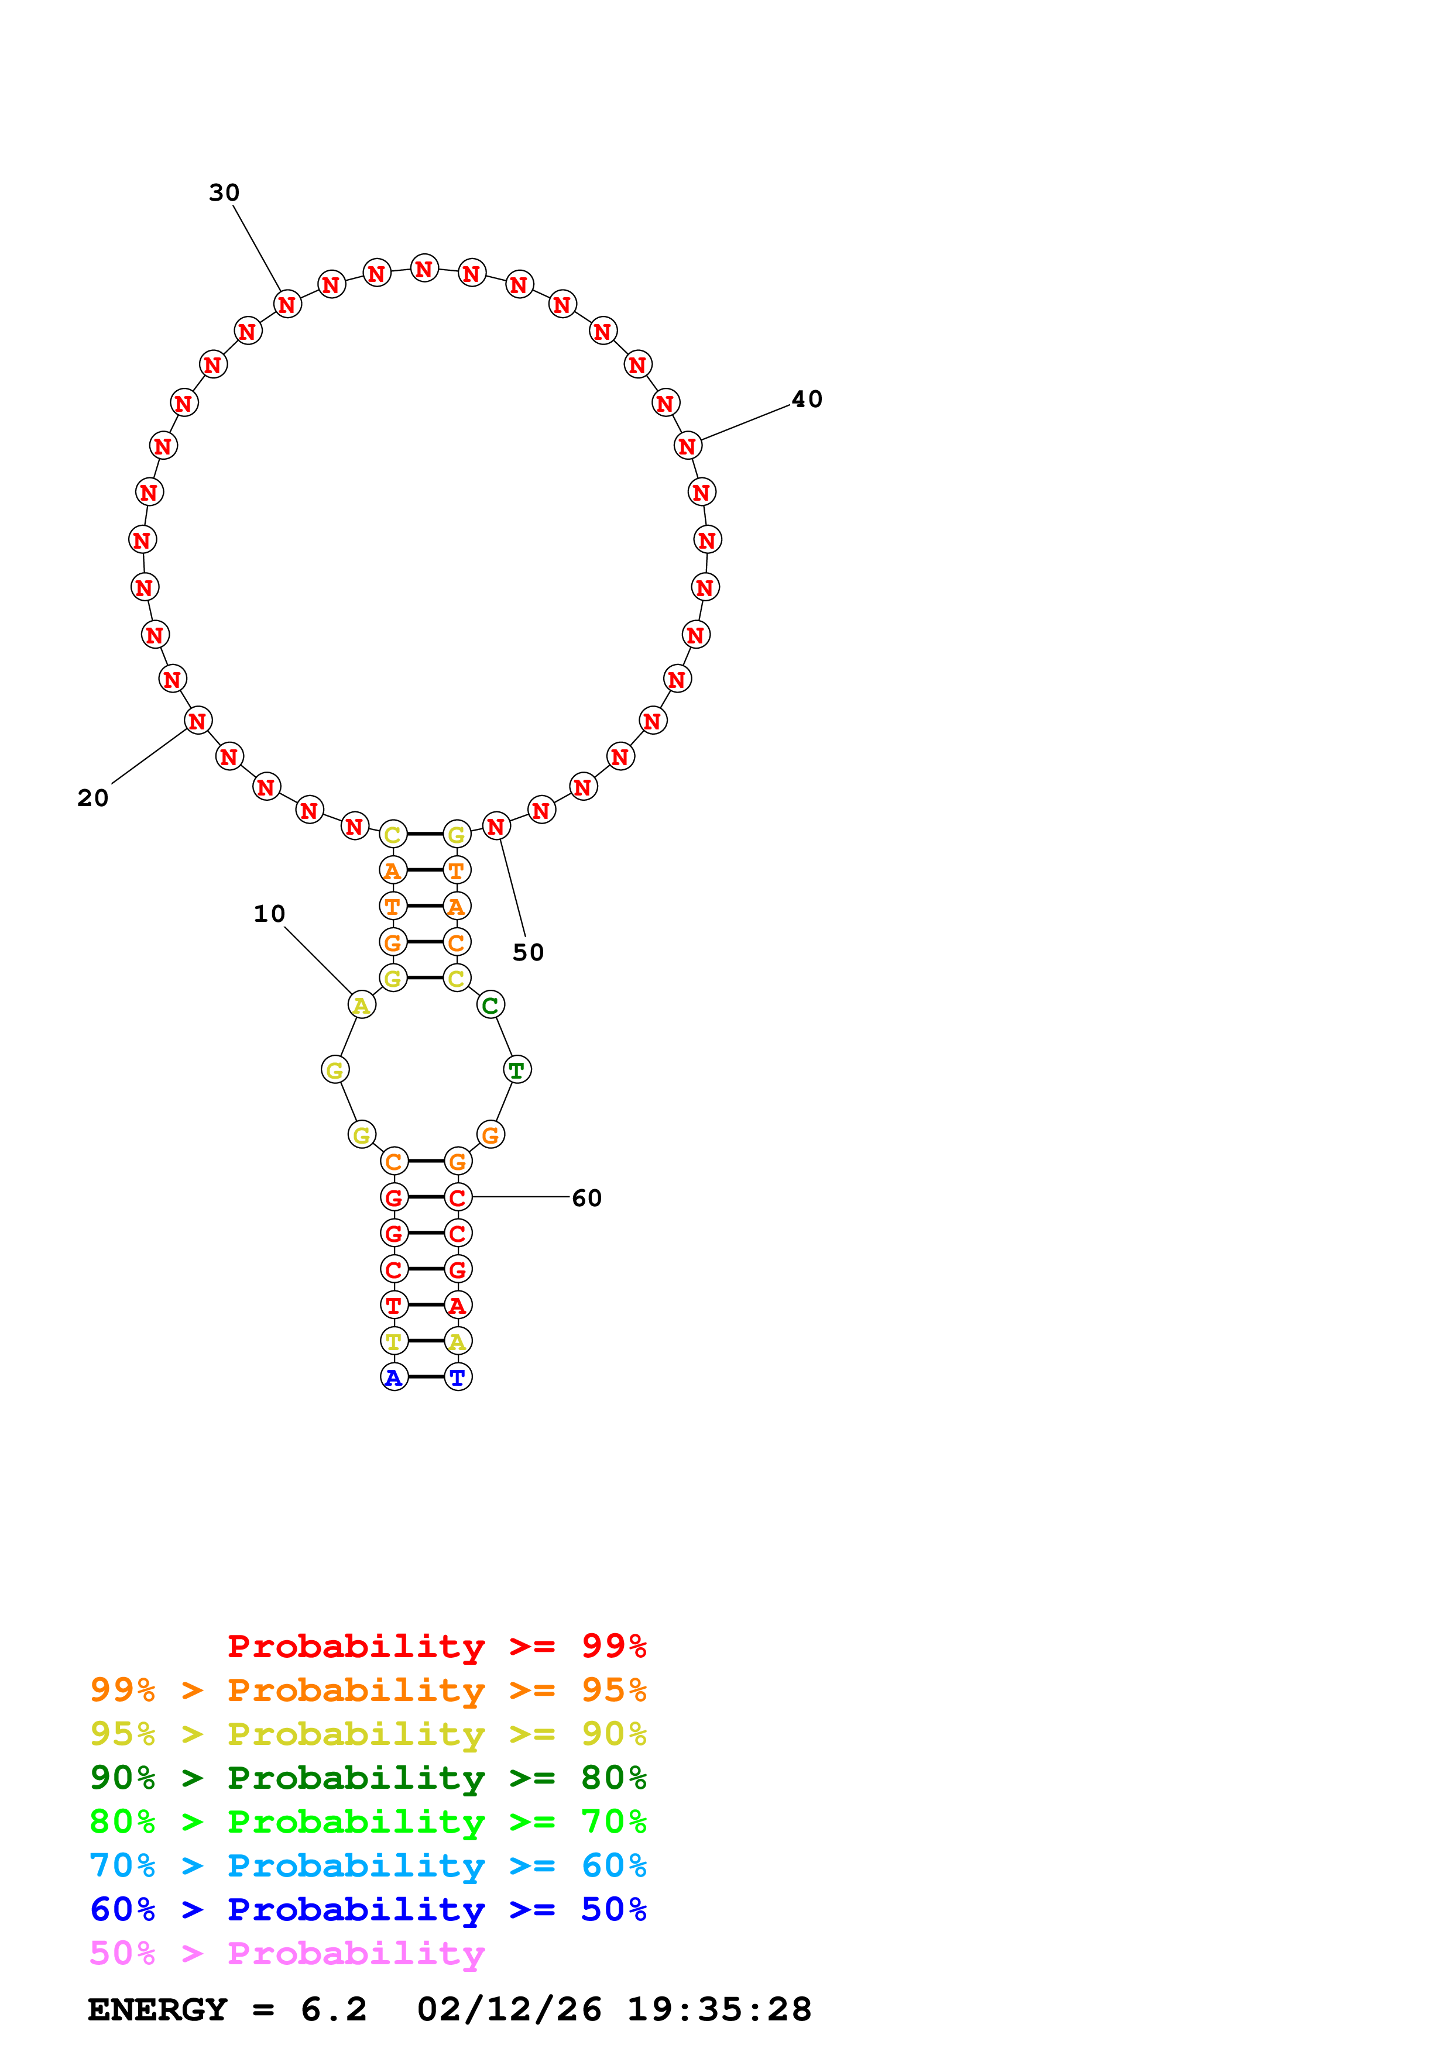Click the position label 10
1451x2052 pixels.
point(269,913)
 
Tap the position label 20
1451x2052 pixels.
point(93,797)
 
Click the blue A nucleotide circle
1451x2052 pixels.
point(393,1377)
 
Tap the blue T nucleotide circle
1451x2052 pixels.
point(458,1377)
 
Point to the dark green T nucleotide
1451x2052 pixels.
point(517,1070)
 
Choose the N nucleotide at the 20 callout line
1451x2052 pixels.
point(198,720)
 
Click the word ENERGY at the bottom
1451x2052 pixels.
point(157,2009)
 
